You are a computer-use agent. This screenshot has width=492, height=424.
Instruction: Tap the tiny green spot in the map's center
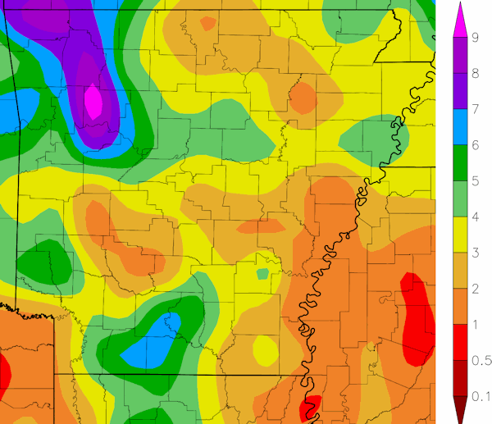(x=263, y=273)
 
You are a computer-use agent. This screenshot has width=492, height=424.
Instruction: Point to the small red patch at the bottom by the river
(x=310, y=407)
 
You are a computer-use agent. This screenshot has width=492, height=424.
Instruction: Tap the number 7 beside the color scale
(x=476, y=108)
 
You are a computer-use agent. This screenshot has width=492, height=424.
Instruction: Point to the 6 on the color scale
(x=476, y=144)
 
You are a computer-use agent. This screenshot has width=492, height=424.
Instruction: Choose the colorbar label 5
(x=476, y=180)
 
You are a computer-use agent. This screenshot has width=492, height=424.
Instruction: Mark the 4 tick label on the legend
(x=476, y=217)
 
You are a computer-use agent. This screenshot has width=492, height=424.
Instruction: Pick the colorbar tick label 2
(x=476, y=289)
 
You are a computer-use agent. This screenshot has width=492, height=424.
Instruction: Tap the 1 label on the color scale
(x=476, y=326)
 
